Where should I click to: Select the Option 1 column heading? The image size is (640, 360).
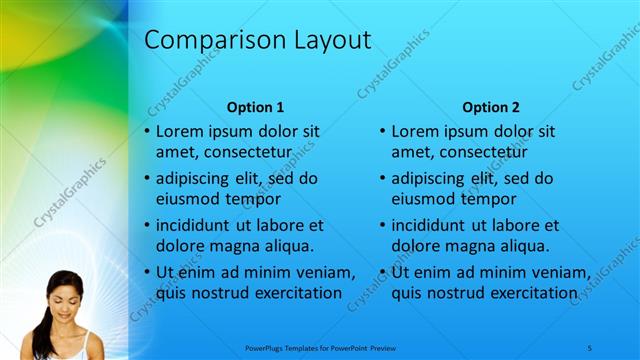pyautogui.click(x=256, y=107)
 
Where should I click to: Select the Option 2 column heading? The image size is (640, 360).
pyautogui.click(x=491, y=107)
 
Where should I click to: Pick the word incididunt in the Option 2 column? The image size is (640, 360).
pyautogui.click(x=436, y=225)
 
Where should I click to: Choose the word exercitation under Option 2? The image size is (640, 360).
pyautogui.click(x=520, y=292)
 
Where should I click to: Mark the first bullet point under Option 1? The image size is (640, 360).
pyautogui.click(x=147, y=132)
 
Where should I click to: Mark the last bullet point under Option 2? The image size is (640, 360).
pyautogui.click(x=383, y=272)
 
